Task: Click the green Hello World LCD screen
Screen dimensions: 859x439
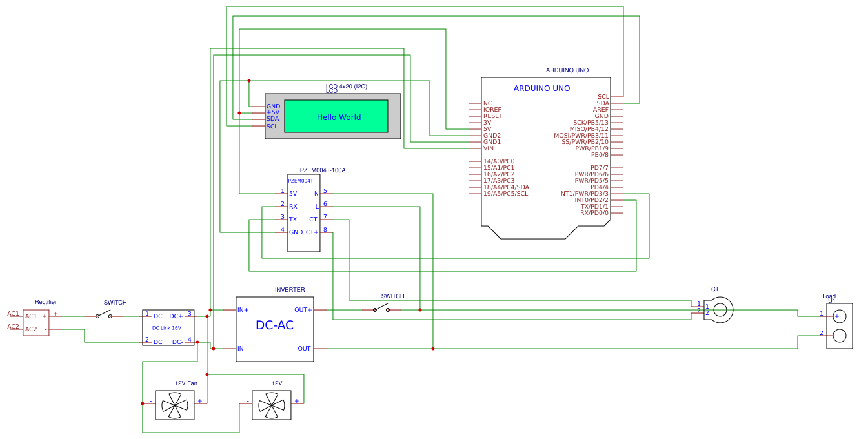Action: tap(336, 116)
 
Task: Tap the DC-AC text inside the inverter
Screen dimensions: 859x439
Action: tap(274, 325)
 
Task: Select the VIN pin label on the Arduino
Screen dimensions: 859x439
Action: tap(488, 148)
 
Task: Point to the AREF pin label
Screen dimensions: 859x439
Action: tap(601, 109)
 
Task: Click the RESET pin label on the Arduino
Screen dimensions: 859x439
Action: tap(493, 116)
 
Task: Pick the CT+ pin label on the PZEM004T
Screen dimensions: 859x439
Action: tap(312, 232)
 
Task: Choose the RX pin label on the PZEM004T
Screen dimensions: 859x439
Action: tap(293, 207)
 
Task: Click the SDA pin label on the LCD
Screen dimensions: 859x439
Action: tap(272, 119)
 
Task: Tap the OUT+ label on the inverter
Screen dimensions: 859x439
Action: tap(303, 310)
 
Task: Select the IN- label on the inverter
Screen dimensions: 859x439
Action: tap(241, 349)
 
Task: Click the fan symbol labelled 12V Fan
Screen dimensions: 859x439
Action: tap(175, 405)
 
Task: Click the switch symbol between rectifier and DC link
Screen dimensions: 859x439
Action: tap(103, 314)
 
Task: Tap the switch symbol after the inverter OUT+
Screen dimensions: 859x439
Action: tap(381, 308)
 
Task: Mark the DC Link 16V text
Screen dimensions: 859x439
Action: tap(167, 328)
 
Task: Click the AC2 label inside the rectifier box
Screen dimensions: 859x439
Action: tap(31, 329)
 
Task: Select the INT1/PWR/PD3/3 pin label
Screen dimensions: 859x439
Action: tap(583, 194)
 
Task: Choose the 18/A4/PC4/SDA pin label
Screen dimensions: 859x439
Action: tap(506, 187)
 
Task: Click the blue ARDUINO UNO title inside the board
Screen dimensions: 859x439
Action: tap(541, 88)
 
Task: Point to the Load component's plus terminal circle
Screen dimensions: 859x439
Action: tap(840, 316)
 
